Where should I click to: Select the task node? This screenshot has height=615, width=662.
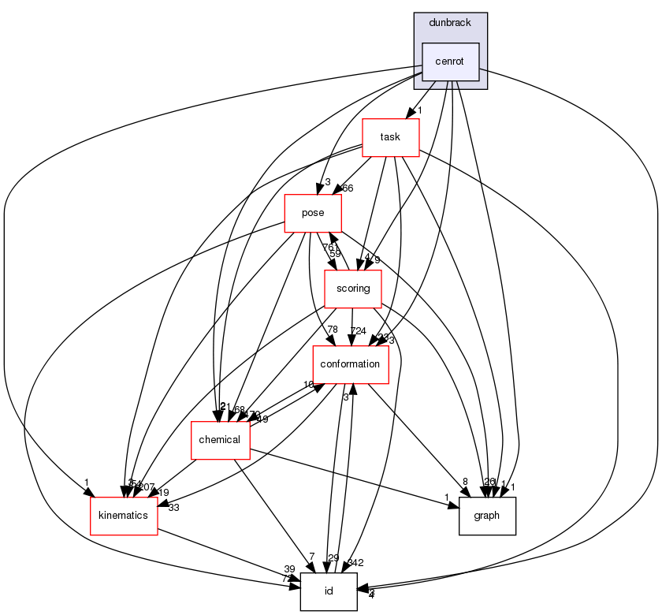point(389,137)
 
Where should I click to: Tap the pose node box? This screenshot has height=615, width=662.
point(313,213)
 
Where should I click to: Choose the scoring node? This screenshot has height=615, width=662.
point(353,289)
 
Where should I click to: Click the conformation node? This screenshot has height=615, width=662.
point(351,364)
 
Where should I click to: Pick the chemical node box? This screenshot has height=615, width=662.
point(220,440)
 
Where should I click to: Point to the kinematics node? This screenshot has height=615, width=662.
point(124,516)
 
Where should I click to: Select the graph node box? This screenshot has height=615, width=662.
point(487,516)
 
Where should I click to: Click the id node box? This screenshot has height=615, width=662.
point(329,591)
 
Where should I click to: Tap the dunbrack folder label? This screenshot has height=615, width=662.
point(450,23)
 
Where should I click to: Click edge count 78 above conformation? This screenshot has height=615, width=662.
point(333,330)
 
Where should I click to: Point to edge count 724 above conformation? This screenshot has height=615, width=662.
point(358,330)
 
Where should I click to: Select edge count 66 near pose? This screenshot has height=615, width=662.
point(347,188)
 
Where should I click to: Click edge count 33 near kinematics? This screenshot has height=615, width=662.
point(173,508)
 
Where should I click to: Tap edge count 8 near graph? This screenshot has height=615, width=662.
point(465,482)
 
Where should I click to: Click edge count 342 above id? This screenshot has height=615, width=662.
point(355,563)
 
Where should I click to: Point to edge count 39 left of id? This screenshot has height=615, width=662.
point(289,569)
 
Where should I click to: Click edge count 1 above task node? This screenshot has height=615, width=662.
point(422,110)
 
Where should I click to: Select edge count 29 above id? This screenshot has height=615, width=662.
point(333,558)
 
